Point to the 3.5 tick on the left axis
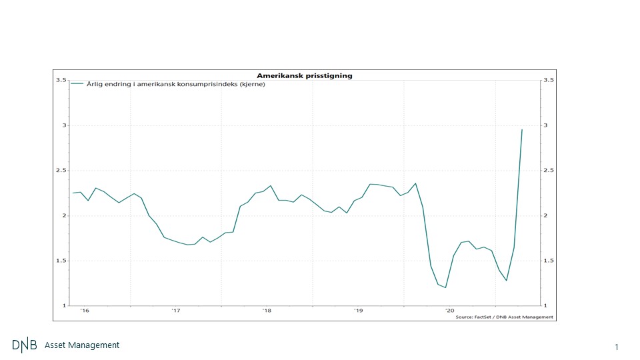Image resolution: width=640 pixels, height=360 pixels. [61, 80]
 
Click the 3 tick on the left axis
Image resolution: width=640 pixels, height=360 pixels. [64, 125]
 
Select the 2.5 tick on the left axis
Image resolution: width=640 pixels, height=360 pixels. [61, 171]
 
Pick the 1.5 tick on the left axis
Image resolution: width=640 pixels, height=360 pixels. [61, 261]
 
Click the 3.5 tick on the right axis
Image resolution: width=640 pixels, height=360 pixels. [549, 80]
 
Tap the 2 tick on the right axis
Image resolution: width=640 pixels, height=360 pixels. [546, 215]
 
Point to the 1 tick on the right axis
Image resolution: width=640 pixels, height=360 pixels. [546, 306]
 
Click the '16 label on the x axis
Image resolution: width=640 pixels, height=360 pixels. [85, 311]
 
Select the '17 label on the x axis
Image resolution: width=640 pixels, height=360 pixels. [176, 311]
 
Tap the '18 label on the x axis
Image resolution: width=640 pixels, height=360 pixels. [267, 311]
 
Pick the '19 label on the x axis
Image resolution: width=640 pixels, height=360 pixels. [359, 311]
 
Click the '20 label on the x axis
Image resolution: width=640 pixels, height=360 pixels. [449, 311]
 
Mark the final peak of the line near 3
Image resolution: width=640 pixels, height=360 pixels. [522, 129]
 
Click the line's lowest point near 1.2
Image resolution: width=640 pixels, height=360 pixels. [445, 287]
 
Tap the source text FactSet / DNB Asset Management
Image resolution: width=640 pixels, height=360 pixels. [505, 317]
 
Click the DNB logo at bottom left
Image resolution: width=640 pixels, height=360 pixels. [25, 345]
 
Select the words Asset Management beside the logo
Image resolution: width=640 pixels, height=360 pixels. [82, 345]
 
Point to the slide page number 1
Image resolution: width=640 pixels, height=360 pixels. [617, 347]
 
